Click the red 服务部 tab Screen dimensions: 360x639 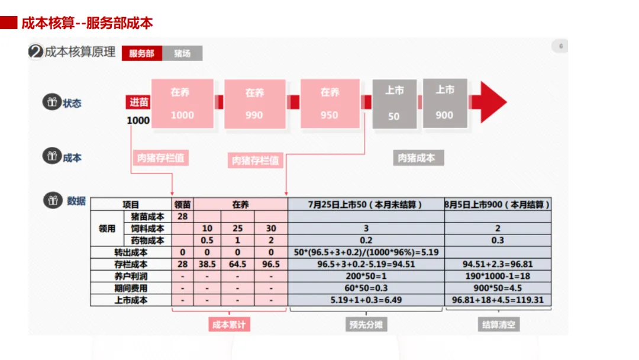click(x=141, y=53)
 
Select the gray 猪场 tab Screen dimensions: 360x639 click(x=182, y=53)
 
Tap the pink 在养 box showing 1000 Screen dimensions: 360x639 click(x=182, y=104)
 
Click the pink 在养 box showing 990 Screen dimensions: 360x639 click(x=254, y=104)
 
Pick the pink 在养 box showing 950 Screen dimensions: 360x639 click(x=330, y=104)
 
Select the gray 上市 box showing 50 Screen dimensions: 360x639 click(x=394, y=104)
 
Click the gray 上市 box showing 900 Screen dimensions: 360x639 click(x=445, y=103)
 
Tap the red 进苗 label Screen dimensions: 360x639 click(x=139, y=102)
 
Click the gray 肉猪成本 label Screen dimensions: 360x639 click(x=417, y=158)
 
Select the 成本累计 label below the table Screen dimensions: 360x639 click(x=228, y=324)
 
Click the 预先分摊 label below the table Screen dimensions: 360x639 click(x=366, y=324)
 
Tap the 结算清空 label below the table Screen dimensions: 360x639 click(x=498, y=324)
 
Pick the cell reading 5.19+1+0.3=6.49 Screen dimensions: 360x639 click(x=366, y=300)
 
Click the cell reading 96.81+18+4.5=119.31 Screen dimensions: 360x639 click(x=498, y=300)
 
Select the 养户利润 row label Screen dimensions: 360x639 click(x=131, y=276)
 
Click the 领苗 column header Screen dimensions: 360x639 click(x=182, y=204)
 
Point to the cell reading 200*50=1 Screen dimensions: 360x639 click(x=366, y=276)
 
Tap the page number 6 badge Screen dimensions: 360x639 click(x=560, y=47)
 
